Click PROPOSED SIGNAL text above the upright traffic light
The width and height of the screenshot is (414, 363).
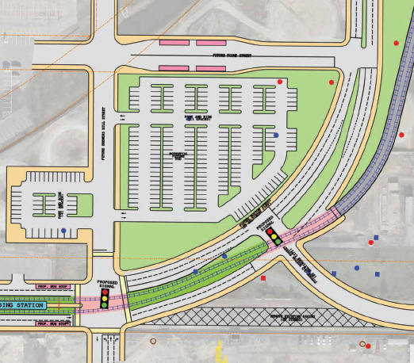(107, 284)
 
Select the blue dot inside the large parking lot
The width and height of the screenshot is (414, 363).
(275, 136)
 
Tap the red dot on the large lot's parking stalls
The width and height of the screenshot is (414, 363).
(280, 82)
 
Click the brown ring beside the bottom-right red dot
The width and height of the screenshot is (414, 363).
(362, 345)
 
